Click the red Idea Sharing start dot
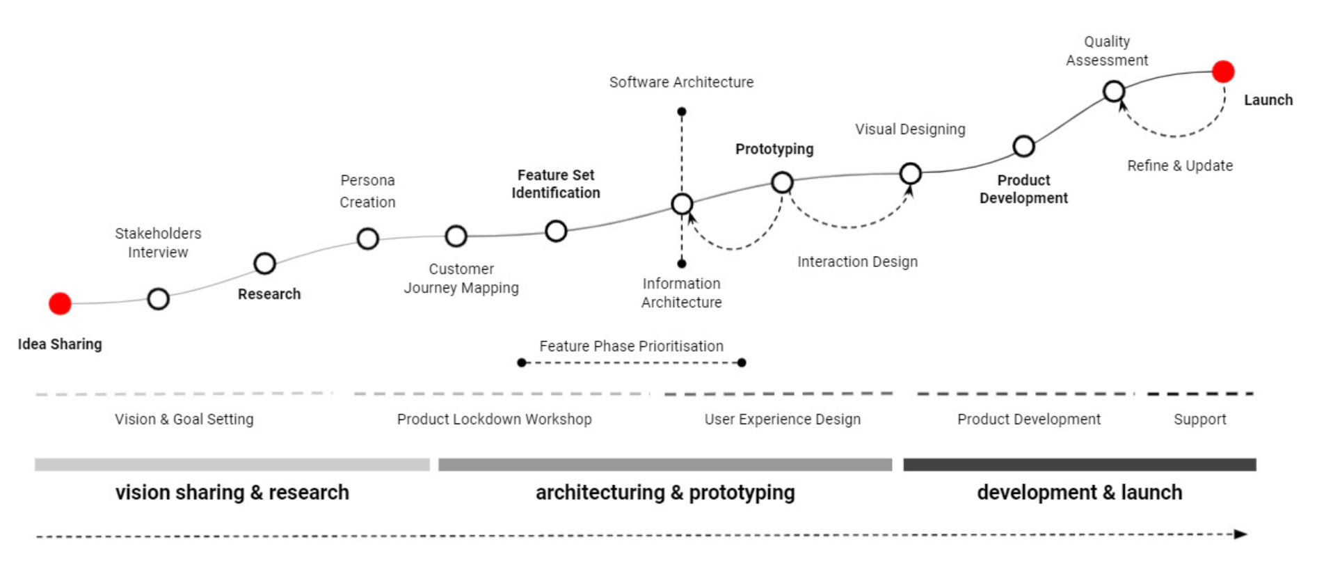[60, 303]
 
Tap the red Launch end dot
[1222, 72]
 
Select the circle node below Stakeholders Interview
[159, 299]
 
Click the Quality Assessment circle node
[1114, 91]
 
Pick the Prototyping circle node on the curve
[782, 183]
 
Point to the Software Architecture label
[681, 82]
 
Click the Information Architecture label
[681, 293]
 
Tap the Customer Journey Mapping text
[461, 278]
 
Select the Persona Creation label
[367, 191]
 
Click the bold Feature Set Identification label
[556, 184]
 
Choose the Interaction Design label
[857, 262]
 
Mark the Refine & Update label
[1180, 166]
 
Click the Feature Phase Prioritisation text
[631, 346]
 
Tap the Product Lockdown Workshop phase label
[494, 419]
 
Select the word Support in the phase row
[1199, 419]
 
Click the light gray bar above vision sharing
[232, 465]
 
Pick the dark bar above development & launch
[1079, 465]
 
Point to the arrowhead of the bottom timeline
[1240, 534]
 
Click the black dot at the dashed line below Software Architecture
[682, 111]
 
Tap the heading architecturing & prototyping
[664, 492]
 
